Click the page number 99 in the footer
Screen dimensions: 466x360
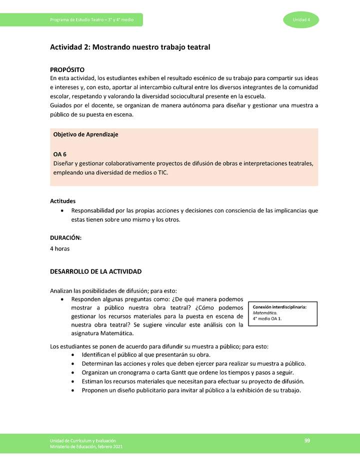[x=307, y=440]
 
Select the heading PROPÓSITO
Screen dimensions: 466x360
[x=67, y=69]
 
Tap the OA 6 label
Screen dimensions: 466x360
[x=60, y=154]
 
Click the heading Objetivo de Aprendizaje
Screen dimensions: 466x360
[x=85, y=134]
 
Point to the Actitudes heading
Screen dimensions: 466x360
[x=62, y=201]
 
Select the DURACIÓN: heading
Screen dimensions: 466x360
[x=65, y=238]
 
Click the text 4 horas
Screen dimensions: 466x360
[x=59, y=248]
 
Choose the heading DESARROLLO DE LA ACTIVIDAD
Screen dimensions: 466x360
[x=96, y=271]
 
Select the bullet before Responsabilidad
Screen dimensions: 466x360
[x=61, y=211]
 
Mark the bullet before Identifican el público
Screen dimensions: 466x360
[x=74, y=354]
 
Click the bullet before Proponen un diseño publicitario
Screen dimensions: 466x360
[x=74, y=390]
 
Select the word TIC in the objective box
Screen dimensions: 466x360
[x=163, y=172]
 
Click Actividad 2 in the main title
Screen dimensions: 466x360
[x=70, y=47]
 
